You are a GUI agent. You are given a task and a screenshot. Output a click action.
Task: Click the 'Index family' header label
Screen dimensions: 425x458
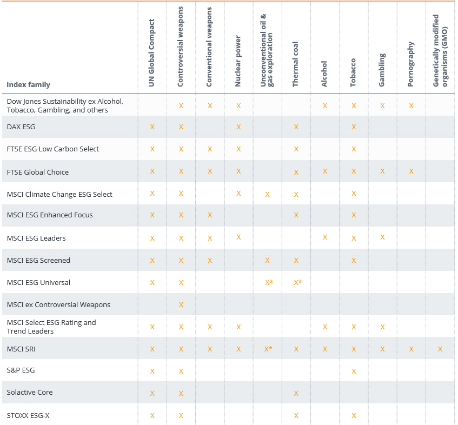(29, 84)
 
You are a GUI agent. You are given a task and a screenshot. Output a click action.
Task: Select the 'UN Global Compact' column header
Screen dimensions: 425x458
(152, 53)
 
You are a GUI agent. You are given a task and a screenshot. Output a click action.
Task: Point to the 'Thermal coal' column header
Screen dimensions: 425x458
(296, 64)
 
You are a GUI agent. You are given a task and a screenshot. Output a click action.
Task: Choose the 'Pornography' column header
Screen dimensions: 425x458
(411, 64)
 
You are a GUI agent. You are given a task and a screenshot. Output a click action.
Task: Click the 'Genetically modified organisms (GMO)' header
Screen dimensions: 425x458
(440, 50)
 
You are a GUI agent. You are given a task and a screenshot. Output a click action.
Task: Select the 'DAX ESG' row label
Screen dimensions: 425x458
(21, 127)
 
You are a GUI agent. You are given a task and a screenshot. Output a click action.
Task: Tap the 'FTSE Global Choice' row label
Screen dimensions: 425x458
(38, 172)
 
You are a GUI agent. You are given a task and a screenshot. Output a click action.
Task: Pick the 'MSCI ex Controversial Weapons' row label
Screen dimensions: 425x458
(58, 305)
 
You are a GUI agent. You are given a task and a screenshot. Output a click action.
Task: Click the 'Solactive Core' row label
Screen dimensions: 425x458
(30, 393)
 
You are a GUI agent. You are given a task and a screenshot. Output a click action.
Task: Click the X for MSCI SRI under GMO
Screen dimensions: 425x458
(440, 349)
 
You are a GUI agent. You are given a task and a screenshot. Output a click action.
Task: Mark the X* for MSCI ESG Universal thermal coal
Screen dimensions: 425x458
(297, 283)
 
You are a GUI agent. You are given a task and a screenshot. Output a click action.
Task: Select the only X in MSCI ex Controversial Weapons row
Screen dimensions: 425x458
(181, 305)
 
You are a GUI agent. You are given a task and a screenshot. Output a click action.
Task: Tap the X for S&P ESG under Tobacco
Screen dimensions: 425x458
(354, 371)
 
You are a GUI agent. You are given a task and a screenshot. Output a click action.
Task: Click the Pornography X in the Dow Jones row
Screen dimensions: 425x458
(411, 106)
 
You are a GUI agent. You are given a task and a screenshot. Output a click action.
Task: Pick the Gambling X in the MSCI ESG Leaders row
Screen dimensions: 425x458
(382, 238)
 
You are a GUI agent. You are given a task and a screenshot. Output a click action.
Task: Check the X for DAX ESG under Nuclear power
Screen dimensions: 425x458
(238, 127)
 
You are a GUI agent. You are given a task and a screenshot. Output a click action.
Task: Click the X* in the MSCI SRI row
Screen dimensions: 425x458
(268, 349)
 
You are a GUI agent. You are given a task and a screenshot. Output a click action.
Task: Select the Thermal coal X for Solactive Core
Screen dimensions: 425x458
(296, 393)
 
